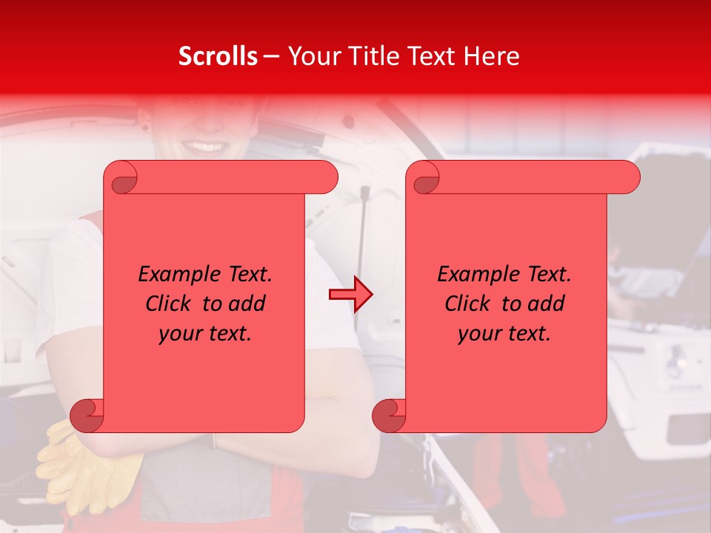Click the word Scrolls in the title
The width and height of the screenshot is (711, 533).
point(218,56)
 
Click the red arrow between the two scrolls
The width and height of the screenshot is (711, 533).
point(351,295)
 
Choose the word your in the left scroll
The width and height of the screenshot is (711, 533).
point(178,335)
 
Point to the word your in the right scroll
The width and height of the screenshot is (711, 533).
point(478,335)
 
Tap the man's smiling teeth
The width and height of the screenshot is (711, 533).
point(207,146)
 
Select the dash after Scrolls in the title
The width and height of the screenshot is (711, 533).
point(271,56)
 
